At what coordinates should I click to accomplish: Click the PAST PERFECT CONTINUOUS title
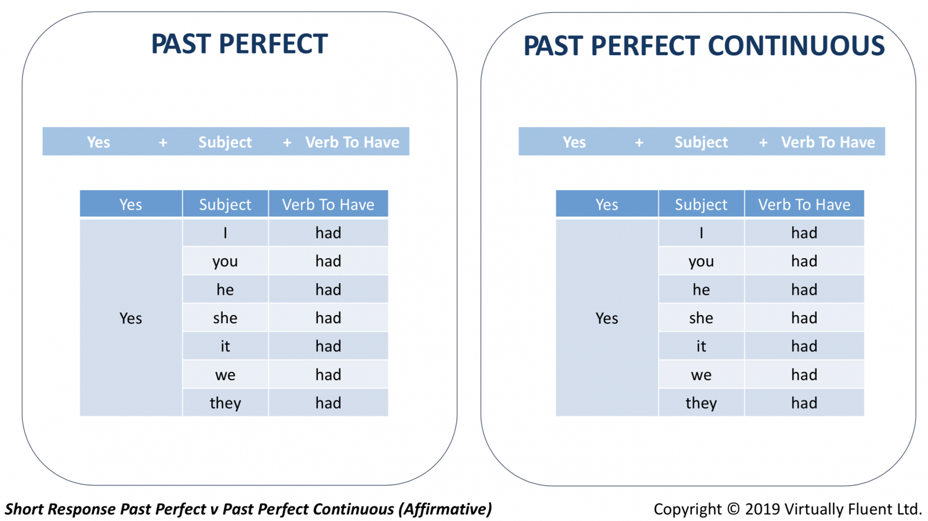click(704, 45)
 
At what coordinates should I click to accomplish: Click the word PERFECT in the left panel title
click(273, 44)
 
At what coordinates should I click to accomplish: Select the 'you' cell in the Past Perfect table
click(226, 261)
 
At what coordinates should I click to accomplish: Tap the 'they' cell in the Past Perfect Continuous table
click(701, 403)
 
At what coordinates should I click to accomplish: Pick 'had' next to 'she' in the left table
click(328, 318)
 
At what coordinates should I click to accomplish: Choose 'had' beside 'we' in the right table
click(804, 375)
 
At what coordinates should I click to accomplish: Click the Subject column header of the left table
click(226, 204)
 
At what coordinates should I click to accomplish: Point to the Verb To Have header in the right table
click(804, 204)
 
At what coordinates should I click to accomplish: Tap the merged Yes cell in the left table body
click(131, 318)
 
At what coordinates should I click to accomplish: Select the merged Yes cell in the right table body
click(607, 318)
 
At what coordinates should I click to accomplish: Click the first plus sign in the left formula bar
click(163, 143)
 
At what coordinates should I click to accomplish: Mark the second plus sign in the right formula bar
click(763, 143)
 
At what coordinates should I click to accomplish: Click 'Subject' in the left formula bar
click(225, 142)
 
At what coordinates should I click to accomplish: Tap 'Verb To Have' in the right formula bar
click(828, 142)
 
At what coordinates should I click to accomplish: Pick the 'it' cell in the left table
click(226, 346)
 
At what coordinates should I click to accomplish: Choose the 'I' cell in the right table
click(701, 233)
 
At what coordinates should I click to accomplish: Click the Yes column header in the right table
click(607, 204)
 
